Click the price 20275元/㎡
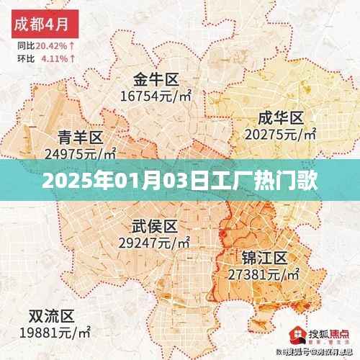(x=281, y=133)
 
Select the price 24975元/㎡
(x=80, y=153)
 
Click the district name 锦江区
(x=264, y=258)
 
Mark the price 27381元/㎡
(x=264, y=274)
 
